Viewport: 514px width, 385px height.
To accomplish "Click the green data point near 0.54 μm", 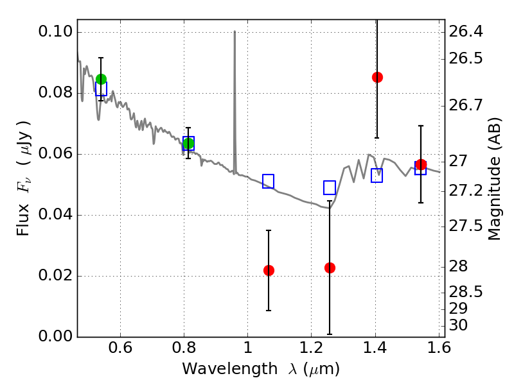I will (101, 80).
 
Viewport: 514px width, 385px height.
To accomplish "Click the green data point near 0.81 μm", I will (188, 143).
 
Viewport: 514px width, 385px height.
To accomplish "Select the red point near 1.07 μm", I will (269, 270).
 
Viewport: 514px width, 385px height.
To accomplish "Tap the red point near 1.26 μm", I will (330, 268).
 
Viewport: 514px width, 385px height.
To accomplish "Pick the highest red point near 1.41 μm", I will (377, 77).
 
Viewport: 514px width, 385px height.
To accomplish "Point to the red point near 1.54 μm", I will (421, 165).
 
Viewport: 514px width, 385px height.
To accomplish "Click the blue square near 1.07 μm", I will (269, 182).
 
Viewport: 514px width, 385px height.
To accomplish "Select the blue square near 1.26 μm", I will (330, 187).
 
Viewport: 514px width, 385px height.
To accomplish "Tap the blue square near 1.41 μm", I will (377, 175).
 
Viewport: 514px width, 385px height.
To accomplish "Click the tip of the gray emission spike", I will (235, 31).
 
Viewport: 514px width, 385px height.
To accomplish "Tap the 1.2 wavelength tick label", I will (311, 350).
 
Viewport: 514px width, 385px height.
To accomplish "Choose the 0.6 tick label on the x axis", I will (120, 350).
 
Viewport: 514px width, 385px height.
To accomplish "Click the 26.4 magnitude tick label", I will (466, 31).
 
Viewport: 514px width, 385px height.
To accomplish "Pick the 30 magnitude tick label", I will (460, 325).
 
